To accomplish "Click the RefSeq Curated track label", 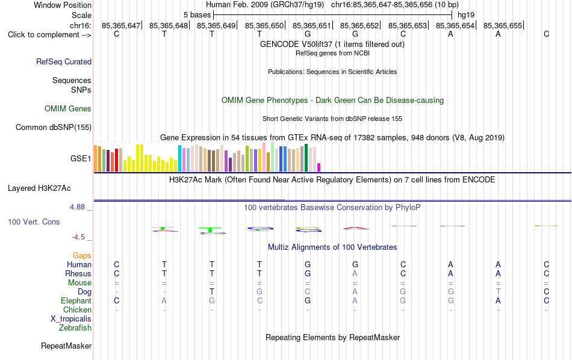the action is click(64, 61).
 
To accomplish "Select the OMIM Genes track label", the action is click(68, 109).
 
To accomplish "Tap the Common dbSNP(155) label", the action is click(54, 127).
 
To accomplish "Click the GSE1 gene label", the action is click(81, 158).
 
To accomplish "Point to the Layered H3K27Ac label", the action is click(39, 188).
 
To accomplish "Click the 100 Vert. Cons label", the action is click(34, 222).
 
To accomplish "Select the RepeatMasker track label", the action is click(66, 346).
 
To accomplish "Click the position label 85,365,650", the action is click(264, 25).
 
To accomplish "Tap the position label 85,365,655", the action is click(503, 25).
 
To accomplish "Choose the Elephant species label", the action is click(76, 300).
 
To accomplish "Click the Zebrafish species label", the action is click(75, 327).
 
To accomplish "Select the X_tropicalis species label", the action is click(71, 319).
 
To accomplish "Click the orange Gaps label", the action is click(82, 255).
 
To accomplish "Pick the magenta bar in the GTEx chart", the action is click(319, 167).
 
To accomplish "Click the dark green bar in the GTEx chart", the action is click(306, 158).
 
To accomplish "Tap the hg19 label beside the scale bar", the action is click(466, 15).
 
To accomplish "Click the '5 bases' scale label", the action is click(197, 15).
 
